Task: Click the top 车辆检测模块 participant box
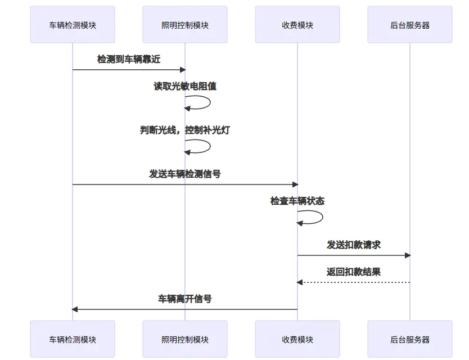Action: [x=73, y=25]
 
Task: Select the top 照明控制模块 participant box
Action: [x=185, y=25]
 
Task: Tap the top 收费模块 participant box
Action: [x=297, y=25]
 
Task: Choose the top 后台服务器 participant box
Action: [x=410, y=25]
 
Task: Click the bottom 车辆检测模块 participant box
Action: [x=73, y=339]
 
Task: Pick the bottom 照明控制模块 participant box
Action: [x=185, y=339]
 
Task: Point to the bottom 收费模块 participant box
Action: [x=297, y=339]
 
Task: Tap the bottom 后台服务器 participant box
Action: [x=410, y=339]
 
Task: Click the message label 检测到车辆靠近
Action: [x=129, y=59]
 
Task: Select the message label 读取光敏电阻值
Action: [x=185, y=86]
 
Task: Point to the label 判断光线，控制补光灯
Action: [x=185, y=130]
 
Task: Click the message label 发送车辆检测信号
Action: [x=185, y=174]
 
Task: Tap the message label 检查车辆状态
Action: [x=297, y=201]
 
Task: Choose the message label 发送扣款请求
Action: [x=354, y=245]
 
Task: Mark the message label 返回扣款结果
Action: [x=354, y=272]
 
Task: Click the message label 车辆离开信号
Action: [x=185, y=299]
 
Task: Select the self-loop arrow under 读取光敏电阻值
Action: [x=209, y=102]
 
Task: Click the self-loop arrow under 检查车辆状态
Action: [x=321, y=217]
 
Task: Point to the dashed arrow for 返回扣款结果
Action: [x=354, y=282]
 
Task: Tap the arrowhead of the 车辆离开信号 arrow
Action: [x=75, y=309]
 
